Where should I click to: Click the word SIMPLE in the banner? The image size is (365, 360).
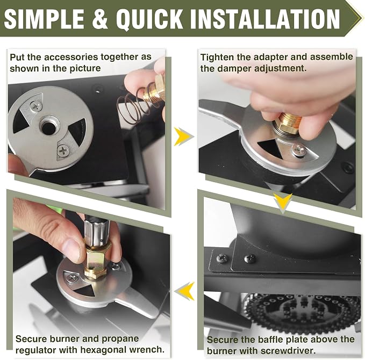click(44, 18)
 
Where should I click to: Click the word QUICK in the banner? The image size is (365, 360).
click(149, 19)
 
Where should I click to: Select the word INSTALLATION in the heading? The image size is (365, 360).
click(265, 18)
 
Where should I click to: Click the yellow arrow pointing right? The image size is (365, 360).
click(183, 136)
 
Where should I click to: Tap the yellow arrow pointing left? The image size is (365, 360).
click(185, 291)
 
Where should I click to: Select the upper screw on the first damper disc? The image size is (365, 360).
click(36, 106)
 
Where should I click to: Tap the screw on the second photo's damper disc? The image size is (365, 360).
click(299, 149)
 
